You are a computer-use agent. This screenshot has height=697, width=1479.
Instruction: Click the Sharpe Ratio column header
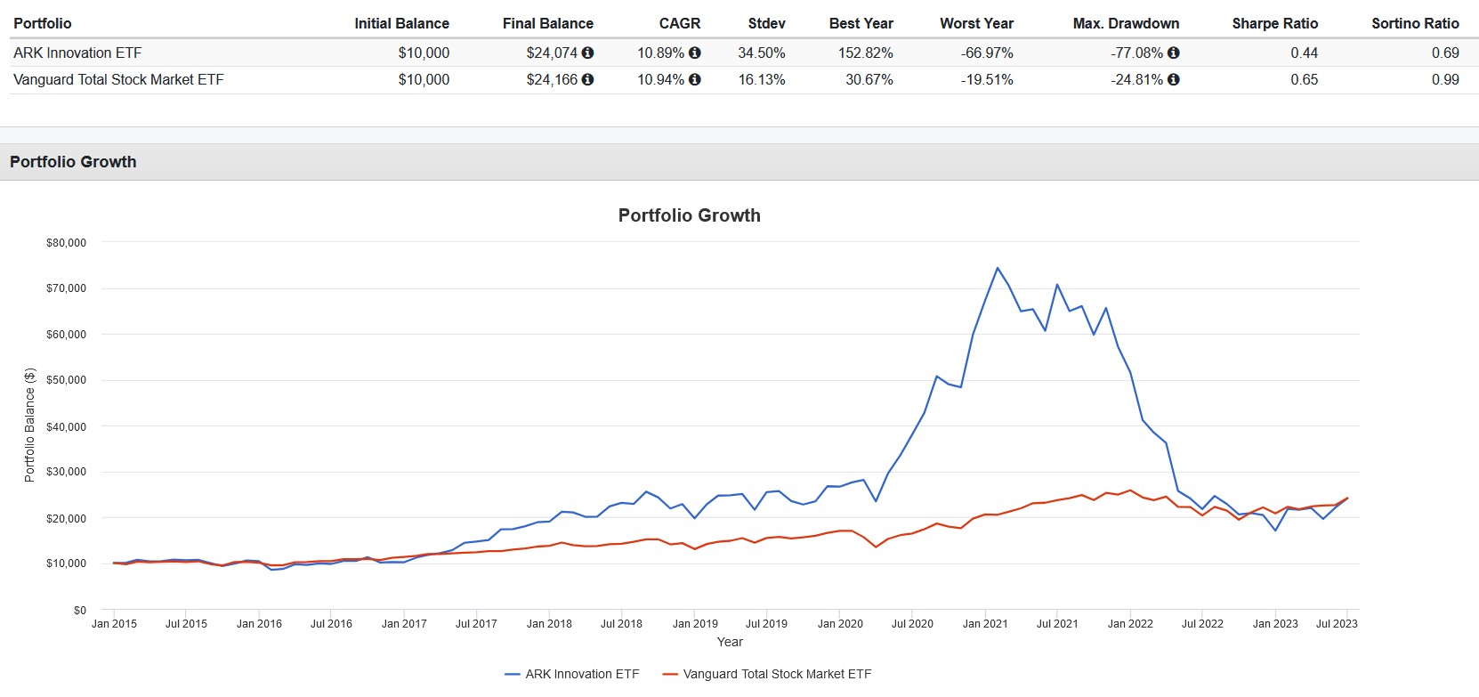click(1274, 23)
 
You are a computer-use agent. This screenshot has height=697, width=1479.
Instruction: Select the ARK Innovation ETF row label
click(77, 53)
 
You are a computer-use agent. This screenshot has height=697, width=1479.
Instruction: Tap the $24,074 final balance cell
click(552, 53)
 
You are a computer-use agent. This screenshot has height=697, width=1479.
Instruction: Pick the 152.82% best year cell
click(865, 53)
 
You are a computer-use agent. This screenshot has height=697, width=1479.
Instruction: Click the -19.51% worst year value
click(987, 79)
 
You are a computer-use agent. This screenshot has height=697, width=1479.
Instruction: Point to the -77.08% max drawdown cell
click(1136, 53)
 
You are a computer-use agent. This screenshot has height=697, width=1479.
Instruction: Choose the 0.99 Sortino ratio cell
click(1445, 79)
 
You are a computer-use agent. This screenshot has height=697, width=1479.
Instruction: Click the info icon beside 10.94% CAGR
click(695, 79)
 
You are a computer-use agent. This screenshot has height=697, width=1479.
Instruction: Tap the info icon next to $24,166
click(587, 79)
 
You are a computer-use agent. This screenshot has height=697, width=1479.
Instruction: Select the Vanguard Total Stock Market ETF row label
click(118, 79)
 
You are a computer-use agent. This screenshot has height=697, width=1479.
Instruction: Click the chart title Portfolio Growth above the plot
click(689, 215)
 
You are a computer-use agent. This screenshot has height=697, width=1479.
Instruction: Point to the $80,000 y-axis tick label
click(66, 242)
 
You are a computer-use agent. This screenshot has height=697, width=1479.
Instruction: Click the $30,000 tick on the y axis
click(66, 472)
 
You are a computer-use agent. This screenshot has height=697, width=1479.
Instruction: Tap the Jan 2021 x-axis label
click(984, 623)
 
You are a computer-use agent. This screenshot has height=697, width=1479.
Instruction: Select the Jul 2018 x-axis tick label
click(621, 623)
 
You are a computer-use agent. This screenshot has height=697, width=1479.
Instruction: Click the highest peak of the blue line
click(997, 268)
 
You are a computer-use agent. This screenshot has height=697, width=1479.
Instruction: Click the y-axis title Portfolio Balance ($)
click(29, 425)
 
